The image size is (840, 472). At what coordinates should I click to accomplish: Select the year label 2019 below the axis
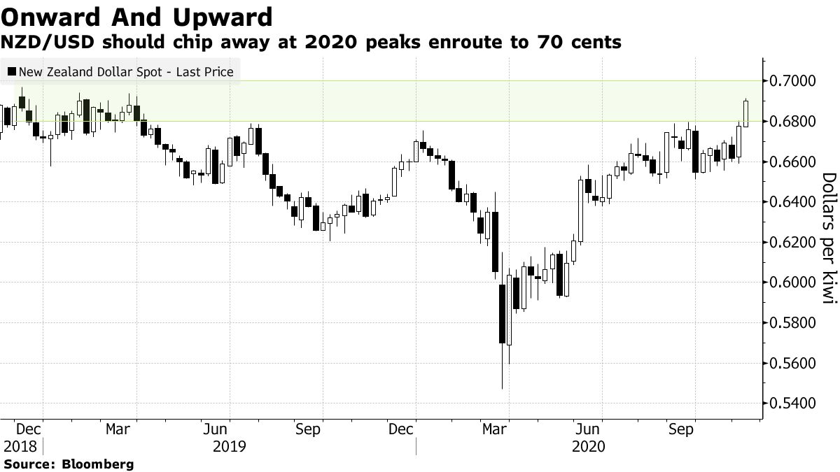coord(230,445)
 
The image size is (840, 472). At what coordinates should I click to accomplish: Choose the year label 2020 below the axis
coord(588,445)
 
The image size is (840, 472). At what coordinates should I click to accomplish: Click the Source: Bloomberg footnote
coord(69,464)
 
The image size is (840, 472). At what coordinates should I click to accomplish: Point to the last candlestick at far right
coord(746,113)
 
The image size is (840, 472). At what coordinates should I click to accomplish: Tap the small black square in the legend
coord(11,71)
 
